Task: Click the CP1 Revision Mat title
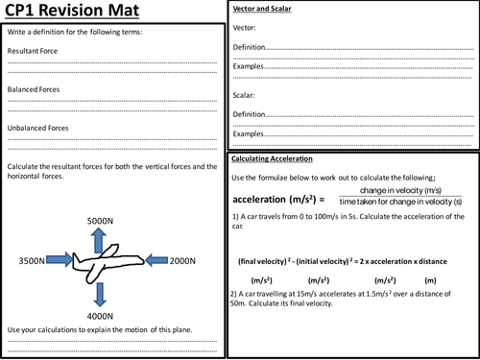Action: pos(72,10)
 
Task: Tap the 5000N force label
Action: pos(100,221)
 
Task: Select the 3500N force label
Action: pos(32,261)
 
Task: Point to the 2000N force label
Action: pos(182,261)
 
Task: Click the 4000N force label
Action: pos(100,316)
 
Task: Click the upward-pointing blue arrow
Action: pos(98,242)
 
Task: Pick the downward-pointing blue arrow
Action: pos(100,295)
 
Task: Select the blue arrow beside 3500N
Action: pos(60,259)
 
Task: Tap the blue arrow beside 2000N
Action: pos(156,260)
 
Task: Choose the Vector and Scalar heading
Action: pos(262,9)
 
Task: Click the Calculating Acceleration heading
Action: pos(272,158)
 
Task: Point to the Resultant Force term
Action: pos(33,51)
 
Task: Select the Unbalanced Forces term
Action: pos(37,128)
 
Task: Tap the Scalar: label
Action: pos(244,95)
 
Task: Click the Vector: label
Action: pos(244,28)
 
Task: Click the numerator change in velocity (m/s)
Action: pos(400,190)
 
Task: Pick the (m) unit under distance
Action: pos(430,280)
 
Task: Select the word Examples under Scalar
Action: pos(248,133)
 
